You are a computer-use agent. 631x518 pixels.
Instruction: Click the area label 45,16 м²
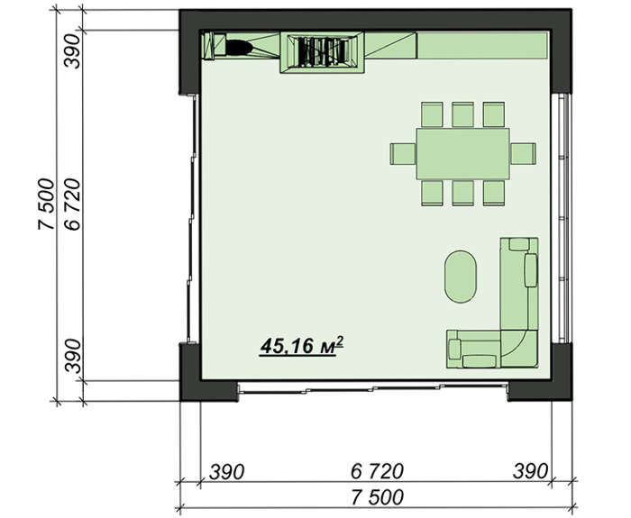point(302,346)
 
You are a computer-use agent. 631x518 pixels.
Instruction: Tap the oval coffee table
point(461,277)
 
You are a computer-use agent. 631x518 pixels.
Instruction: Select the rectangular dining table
point(462,154)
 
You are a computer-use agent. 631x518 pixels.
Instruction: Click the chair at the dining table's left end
point(403,154)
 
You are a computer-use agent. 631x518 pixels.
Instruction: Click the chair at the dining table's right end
point(523,154)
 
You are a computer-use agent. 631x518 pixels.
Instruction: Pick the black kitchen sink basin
point(239,48)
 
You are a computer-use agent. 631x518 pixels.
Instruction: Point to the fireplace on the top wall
point(322,52)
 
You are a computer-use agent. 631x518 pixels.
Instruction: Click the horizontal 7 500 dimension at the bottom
point(377,497)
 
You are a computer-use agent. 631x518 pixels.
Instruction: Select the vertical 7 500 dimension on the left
point(46,204)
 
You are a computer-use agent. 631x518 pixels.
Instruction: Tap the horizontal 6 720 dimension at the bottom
point(377,471)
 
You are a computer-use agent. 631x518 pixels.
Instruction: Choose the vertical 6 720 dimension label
point(72,204)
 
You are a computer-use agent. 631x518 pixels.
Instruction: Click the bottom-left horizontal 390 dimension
point(226,471)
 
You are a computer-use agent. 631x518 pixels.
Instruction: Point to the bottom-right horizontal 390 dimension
point(530,471)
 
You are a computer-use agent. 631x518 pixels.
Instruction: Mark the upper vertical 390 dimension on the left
point(72,51)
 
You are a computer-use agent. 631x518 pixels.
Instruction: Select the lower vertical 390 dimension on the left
point(72,356)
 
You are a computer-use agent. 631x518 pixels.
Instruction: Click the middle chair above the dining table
point(462,114)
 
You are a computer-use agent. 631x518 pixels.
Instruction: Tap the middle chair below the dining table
point(462,193)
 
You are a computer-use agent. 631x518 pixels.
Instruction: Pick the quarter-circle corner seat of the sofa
point(519,349)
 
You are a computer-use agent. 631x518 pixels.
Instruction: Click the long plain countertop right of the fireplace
point(483,45)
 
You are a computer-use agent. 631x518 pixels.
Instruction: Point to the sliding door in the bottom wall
point(373,388)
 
